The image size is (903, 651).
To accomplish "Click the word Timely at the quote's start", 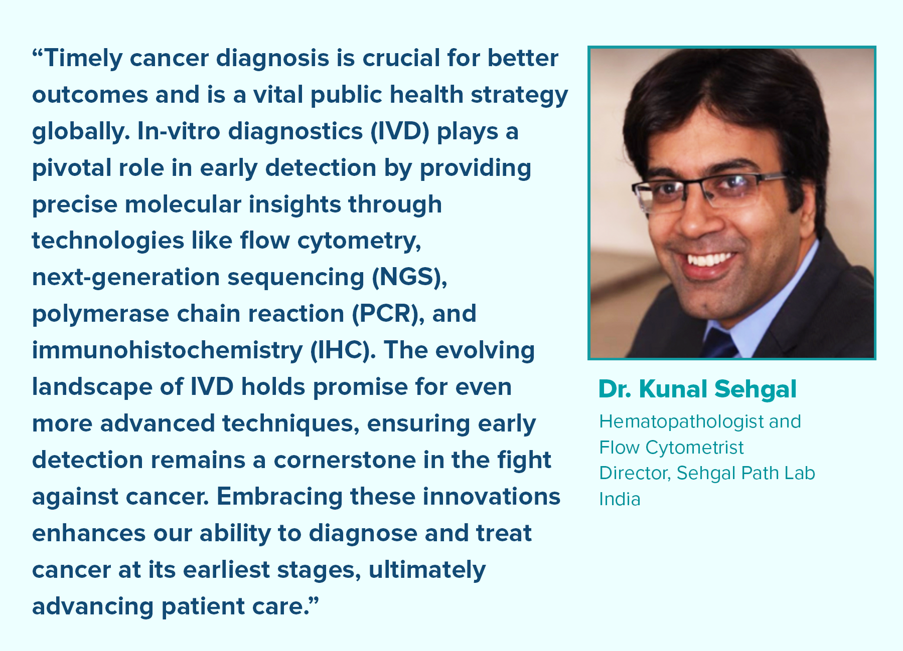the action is tap(83, 59).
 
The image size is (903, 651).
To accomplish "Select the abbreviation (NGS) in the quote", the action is tap(409, 277).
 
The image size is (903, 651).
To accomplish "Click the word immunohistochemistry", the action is tap(168, 350).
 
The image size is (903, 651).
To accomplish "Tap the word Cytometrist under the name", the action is tap(694, 448).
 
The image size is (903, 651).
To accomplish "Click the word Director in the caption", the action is tap(635, 473).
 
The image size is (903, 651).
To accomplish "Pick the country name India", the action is tap(620, 499).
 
